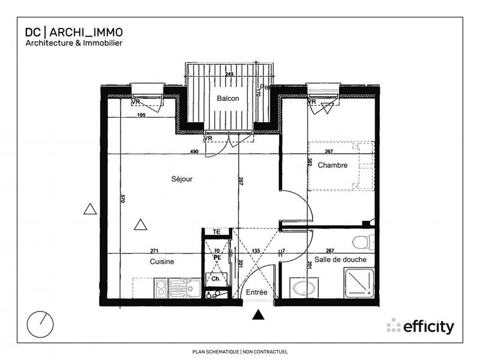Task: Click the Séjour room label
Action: pyautogui.click(x=182, y=178)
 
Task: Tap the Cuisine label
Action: pyautogui.click(x=162, y=262)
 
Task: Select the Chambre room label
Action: pyautogui.click(x=332, y=165)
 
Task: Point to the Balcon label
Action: pyautogui.click(x=228, y=99)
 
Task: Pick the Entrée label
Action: pyautogui.click(x=257, y=292)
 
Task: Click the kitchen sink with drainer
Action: pyautogui.click(x=179, y=289)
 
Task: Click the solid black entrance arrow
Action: pyautogui.click(x=258, y=315)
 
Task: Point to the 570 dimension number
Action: pyautogui.click(x=122, y=200)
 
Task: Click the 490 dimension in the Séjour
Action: pyautogui.click(x=194, y=152)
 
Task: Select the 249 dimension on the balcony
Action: pyautogui.click(x=229, y=74)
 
